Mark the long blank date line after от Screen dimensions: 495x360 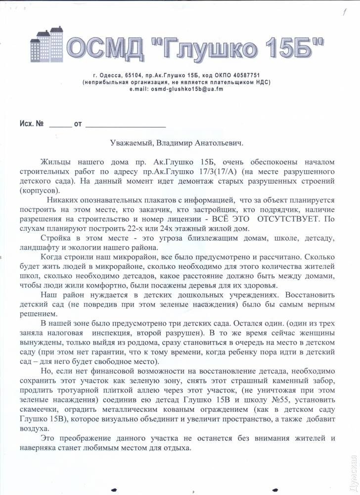(125, 124)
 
